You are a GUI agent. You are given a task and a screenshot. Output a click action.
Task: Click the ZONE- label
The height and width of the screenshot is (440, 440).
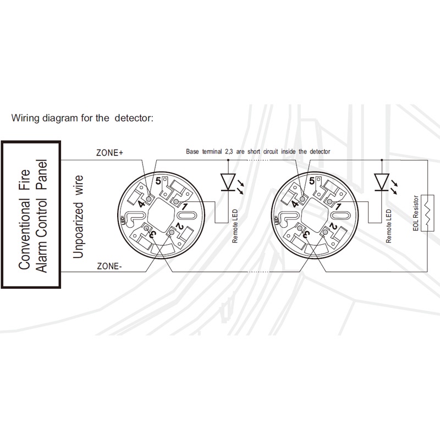click(x=109, y=266)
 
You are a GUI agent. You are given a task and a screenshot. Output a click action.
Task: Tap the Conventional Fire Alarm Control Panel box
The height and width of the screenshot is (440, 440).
click(x=31, y=215)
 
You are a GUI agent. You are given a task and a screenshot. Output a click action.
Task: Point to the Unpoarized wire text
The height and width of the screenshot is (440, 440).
click(x=79, y=217)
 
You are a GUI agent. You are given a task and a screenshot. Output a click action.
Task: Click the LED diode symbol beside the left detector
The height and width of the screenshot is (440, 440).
click(x=228, y=182)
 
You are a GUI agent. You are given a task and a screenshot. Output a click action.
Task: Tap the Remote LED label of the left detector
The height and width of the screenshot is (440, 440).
click(x=235, y=226)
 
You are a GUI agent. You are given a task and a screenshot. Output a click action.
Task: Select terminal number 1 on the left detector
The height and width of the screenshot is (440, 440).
click(x=185, y=207)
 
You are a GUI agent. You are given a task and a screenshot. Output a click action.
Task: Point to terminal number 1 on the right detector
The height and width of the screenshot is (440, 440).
click(x=339, y=207)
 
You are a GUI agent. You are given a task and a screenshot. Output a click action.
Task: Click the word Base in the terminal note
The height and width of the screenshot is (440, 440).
click(x=193, y=151)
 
